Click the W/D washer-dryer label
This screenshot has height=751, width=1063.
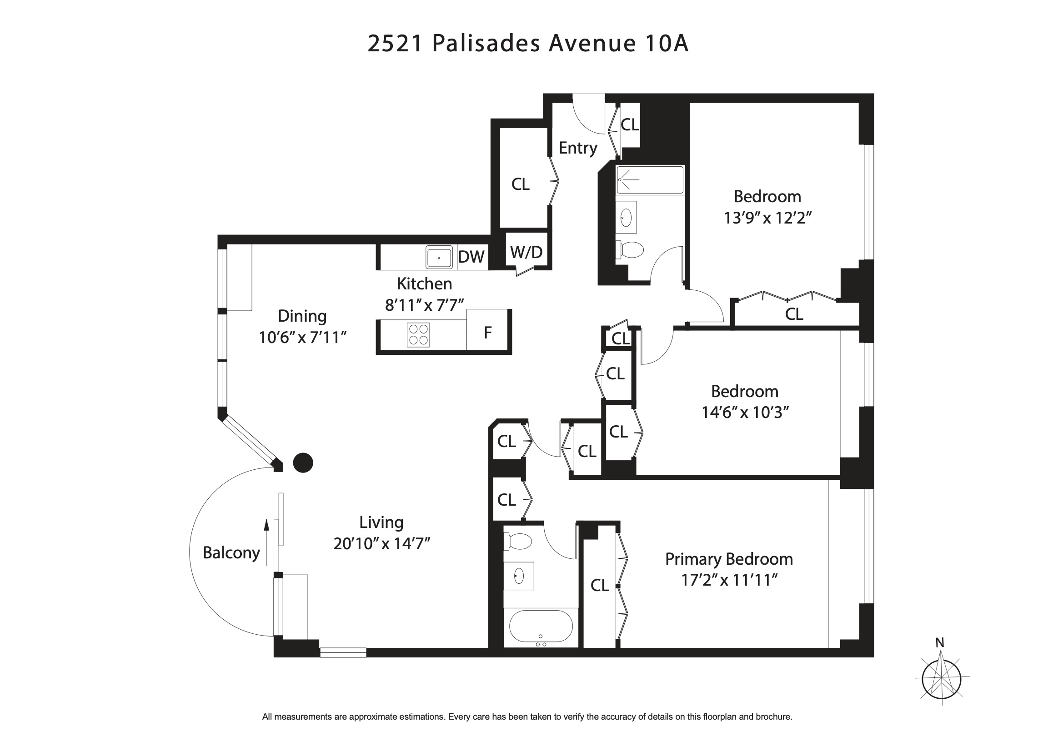(x=526, y=252)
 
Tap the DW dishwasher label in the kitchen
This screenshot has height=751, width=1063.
(x=471, y=257)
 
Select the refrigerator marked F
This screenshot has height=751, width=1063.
(x=487, y=332)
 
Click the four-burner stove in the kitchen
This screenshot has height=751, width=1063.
(x=418, y=334)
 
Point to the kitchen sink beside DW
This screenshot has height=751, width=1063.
(x=439, y=258)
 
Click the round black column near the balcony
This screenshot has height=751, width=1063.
(x=303, y=462)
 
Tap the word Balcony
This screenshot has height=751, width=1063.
(x=231, y=552)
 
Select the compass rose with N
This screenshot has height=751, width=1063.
(x=941, y=678)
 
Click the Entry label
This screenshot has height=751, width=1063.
(x=577, y=148)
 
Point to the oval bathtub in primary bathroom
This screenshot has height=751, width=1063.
(x=540, y=626)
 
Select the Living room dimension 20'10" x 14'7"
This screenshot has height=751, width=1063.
(x=381, y=543)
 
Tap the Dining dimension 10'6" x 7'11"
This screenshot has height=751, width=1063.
(x=302, y=337)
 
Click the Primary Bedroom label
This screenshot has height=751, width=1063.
(x=729, y=559)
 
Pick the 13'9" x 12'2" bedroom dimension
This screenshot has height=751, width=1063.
(x=767, y=218)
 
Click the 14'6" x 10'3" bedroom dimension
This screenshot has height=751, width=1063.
(x=745, y=412)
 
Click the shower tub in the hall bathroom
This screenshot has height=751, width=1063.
(x=650, y=179)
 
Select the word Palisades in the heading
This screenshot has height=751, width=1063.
(x=486, y=44)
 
